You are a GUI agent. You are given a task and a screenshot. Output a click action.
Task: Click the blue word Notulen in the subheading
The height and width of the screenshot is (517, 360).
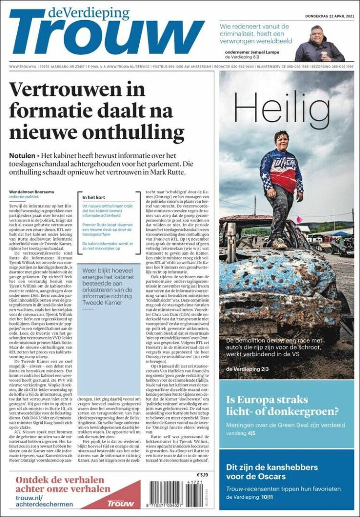coord(22,156)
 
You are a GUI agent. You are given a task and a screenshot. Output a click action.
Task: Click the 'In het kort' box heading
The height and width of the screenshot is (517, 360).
coord(94,197)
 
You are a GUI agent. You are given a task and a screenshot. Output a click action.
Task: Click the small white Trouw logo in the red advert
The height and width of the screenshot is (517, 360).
coord(120,503)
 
